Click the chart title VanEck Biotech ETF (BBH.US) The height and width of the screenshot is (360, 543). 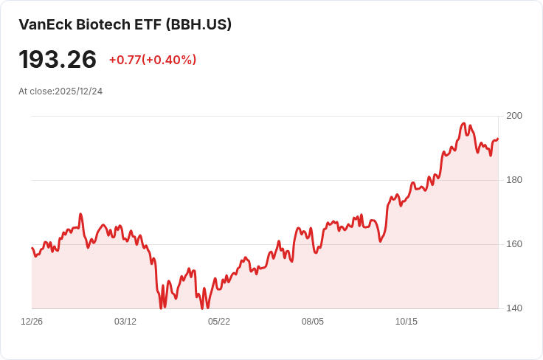coord(125,24)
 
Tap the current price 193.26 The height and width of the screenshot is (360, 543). coord(58,59)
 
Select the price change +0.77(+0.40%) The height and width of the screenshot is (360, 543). coord(153,60)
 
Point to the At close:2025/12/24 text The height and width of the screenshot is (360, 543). coord(60,91)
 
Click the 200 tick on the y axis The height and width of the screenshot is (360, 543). coord(514,116)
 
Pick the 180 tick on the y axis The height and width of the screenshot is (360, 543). coord(514,180)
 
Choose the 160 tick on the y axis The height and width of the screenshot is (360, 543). coord(514,244)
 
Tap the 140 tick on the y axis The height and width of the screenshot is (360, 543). coord(514,308)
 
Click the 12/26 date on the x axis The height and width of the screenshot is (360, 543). coord(32,322)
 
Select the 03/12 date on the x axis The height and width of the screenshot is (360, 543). coord(125,322)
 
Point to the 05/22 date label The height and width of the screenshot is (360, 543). coord(219,322)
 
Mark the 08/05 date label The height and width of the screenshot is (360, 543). coord(313,322)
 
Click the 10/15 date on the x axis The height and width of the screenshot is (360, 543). coord(407,322)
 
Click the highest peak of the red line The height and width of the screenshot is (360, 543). coord(464,123)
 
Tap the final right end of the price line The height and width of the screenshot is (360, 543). coord(498,139)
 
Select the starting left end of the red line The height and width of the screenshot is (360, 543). coord(32,248)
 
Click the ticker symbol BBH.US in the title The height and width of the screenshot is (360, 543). coord(198,24)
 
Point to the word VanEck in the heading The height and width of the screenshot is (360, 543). coord(46,24)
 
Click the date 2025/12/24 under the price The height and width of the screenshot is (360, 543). coord(79,91)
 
